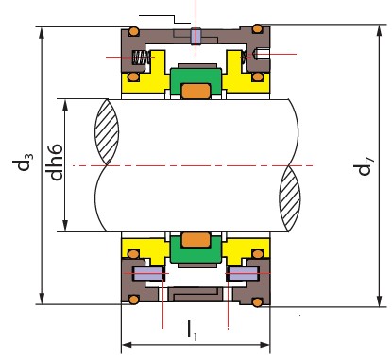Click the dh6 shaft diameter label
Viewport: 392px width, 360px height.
(x=56, y=163)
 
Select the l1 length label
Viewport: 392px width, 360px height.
(x=192, y=330)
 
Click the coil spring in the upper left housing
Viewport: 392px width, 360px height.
(x=140, y=58)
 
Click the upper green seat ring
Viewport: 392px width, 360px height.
(x=196, y=81)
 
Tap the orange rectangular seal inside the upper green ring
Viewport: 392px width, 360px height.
(x=196, y=91)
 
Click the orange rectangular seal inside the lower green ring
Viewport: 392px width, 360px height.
(x=196, y=240)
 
